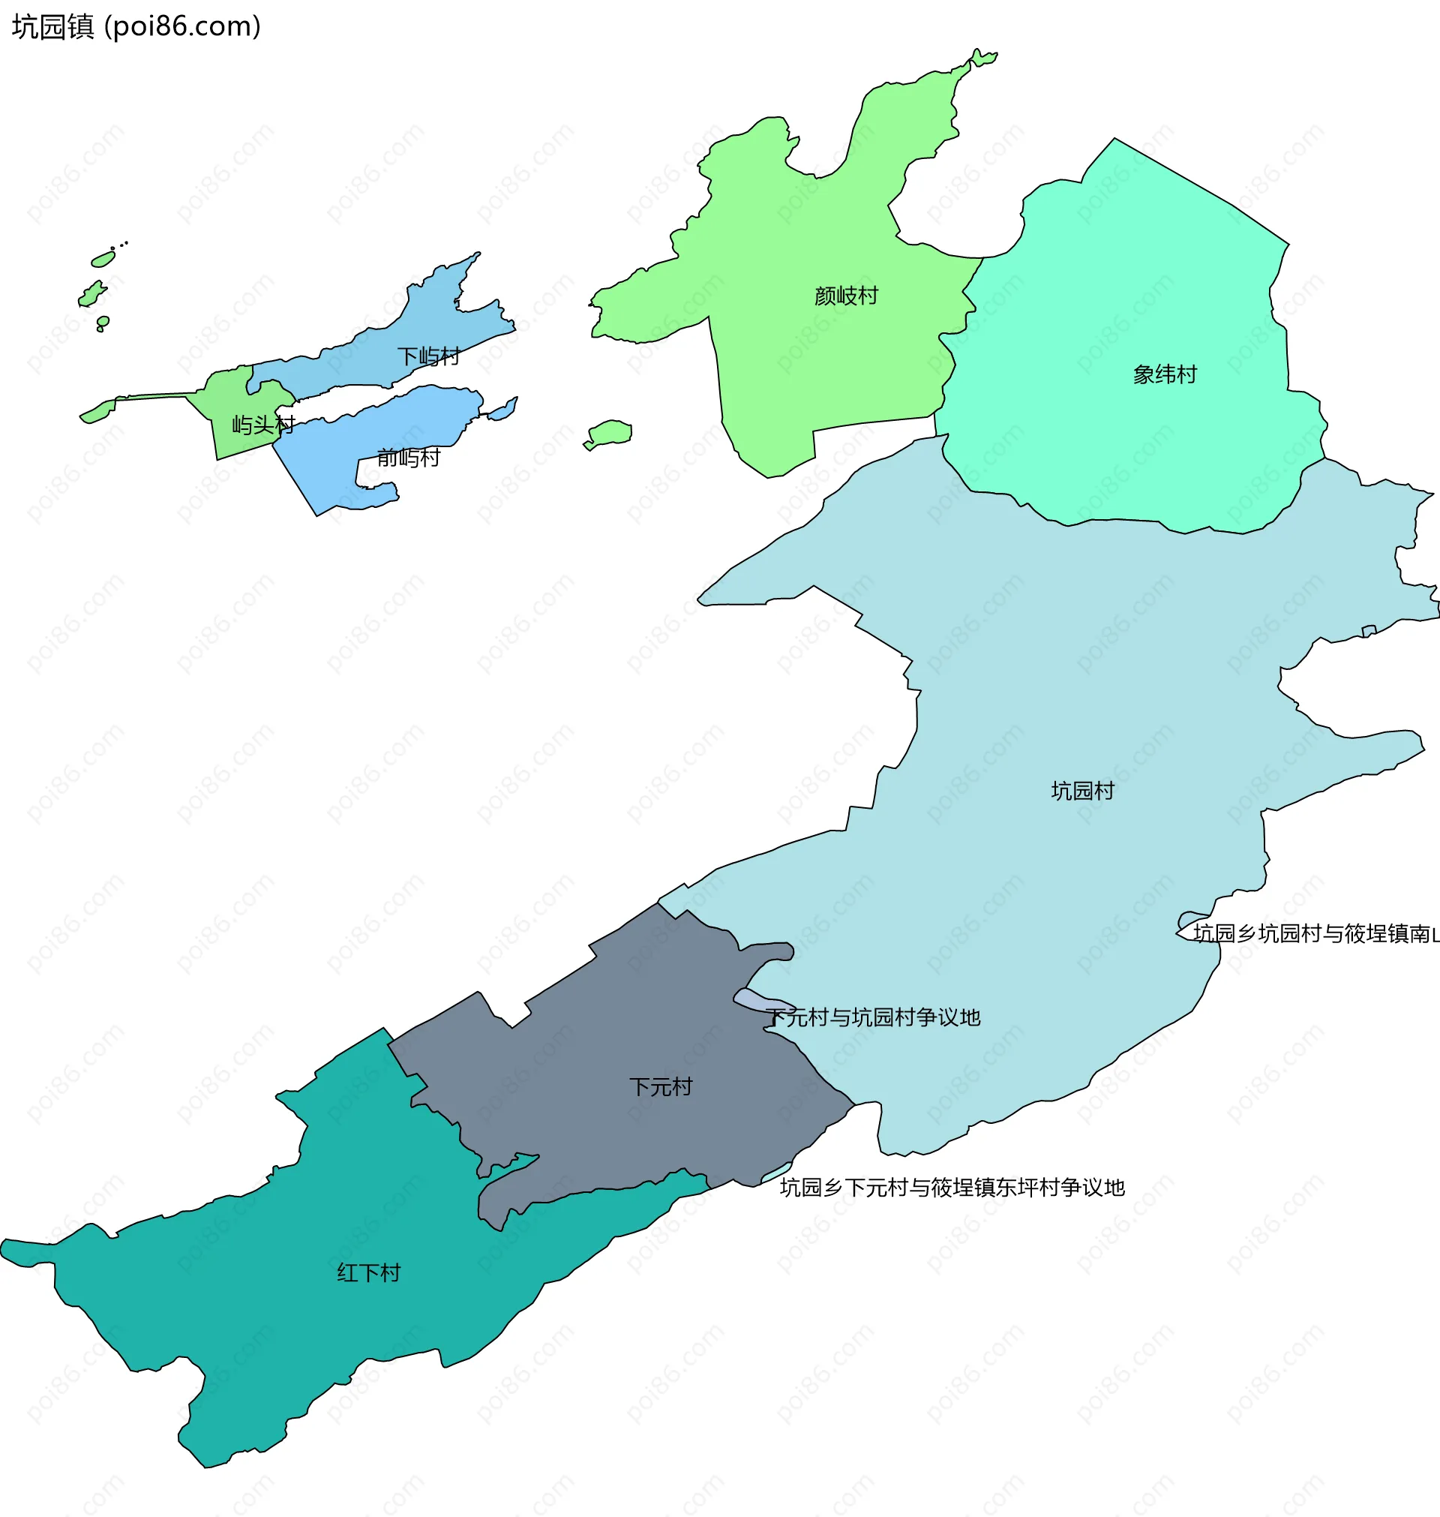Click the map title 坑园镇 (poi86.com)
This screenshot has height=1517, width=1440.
[x=136, y=26]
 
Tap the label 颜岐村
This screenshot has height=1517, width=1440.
[x=846, y=296]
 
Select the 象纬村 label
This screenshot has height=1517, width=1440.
[x=1165, y=374]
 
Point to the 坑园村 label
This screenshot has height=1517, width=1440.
[x=1082, y=791]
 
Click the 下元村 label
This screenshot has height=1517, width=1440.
[x=660, y=1087]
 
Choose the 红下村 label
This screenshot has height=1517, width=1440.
[x=368, y=1273]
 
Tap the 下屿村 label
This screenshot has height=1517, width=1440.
[x=428, y=356]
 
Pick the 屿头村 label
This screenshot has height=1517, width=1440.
[x=263, y=425]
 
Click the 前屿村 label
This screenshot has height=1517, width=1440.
[x=408, y=458]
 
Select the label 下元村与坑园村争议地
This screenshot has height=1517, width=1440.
[x=873, y=1017]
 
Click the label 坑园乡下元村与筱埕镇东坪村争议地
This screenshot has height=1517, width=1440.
[x=952, y=1188]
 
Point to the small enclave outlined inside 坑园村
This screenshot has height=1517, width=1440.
[x=1369, y=631]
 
